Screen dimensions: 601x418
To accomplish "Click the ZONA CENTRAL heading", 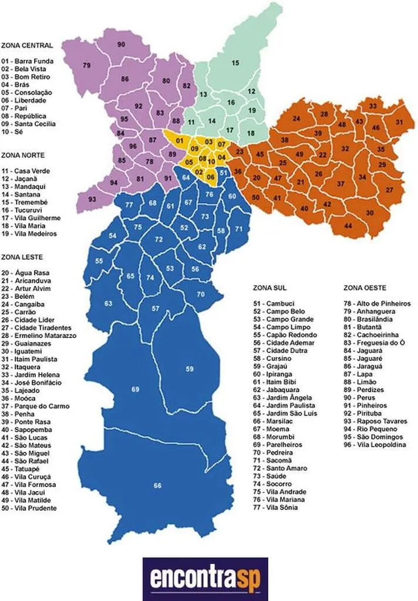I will tap(28, 45).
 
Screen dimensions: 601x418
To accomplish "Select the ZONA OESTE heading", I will tap(365, 288).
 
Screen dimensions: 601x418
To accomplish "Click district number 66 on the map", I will tap(157, 485).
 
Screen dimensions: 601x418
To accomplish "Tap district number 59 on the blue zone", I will tap(190, 369).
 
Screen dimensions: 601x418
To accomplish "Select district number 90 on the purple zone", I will tap(121, 45).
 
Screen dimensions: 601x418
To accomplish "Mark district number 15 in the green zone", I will tap(235, 63).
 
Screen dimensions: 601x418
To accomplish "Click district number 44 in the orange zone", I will tap(348, 225).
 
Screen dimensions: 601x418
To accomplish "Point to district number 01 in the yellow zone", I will tap(180, 141).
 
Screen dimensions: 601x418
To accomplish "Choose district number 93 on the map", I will tap(92, 200).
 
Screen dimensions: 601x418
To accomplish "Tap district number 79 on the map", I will tap(87, 65).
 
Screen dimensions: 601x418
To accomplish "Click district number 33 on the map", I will tap(372, 106).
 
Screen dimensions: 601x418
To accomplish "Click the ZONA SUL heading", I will tap(270, 288).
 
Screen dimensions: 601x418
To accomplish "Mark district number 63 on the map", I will tap(108, 303).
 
